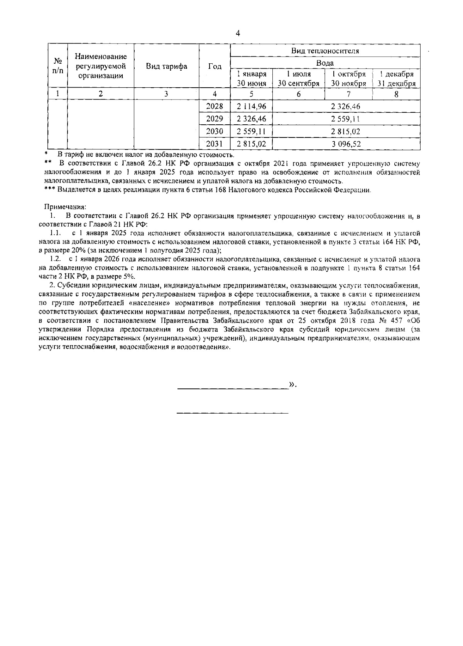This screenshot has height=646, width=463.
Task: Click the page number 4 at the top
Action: click(x=238, y=34)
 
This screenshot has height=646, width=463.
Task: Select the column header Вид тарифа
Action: click(x=166, y=66)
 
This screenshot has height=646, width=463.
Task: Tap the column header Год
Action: click(x=215, y=66)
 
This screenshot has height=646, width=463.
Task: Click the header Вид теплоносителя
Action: click(x=325, y=51)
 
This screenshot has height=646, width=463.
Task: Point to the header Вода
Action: click(x=325, y=63)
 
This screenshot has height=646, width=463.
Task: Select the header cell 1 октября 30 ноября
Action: click(x=348, y=79)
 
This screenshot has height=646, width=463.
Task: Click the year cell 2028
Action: click(x=215, y=106)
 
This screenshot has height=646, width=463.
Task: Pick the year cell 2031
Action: click(x=215, y=144)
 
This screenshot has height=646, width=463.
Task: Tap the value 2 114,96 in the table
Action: click(x=251, y=106)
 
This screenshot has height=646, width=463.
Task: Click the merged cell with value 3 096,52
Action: click(x=346, y=144)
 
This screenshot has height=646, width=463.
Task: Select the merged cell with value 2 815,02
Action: click(x=346, y=132)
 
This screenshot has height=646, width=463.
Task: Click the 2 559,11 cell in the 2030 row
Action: click(x=251, y=132)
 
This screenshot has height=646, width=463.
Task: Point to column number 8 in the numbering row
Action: click(x=396, y=94)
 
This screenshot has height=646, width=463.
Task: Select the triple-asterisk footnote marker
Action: click(x=50, y=190)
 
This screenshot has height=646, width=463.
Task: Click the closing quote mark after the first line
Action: click(x=292, y=384)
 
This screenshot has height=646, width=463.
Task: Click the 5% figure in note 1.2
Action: click(x=129, y=276)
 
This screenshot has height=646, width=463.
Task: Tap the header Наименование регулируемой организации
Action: click(x=101, y=66)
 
